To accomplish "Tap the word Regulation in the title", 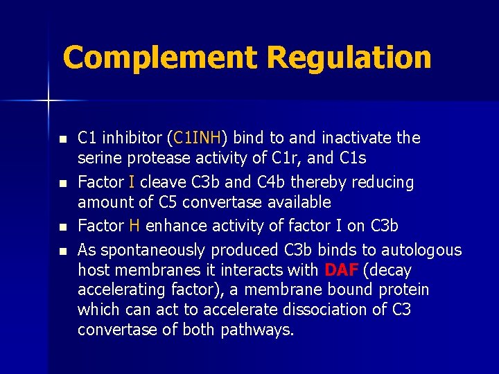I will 349,57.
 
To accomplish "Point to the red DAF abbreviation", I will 342,270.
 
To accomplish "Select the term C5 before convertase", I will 171,202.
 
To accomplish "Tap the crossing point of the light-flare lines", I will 48,101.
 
